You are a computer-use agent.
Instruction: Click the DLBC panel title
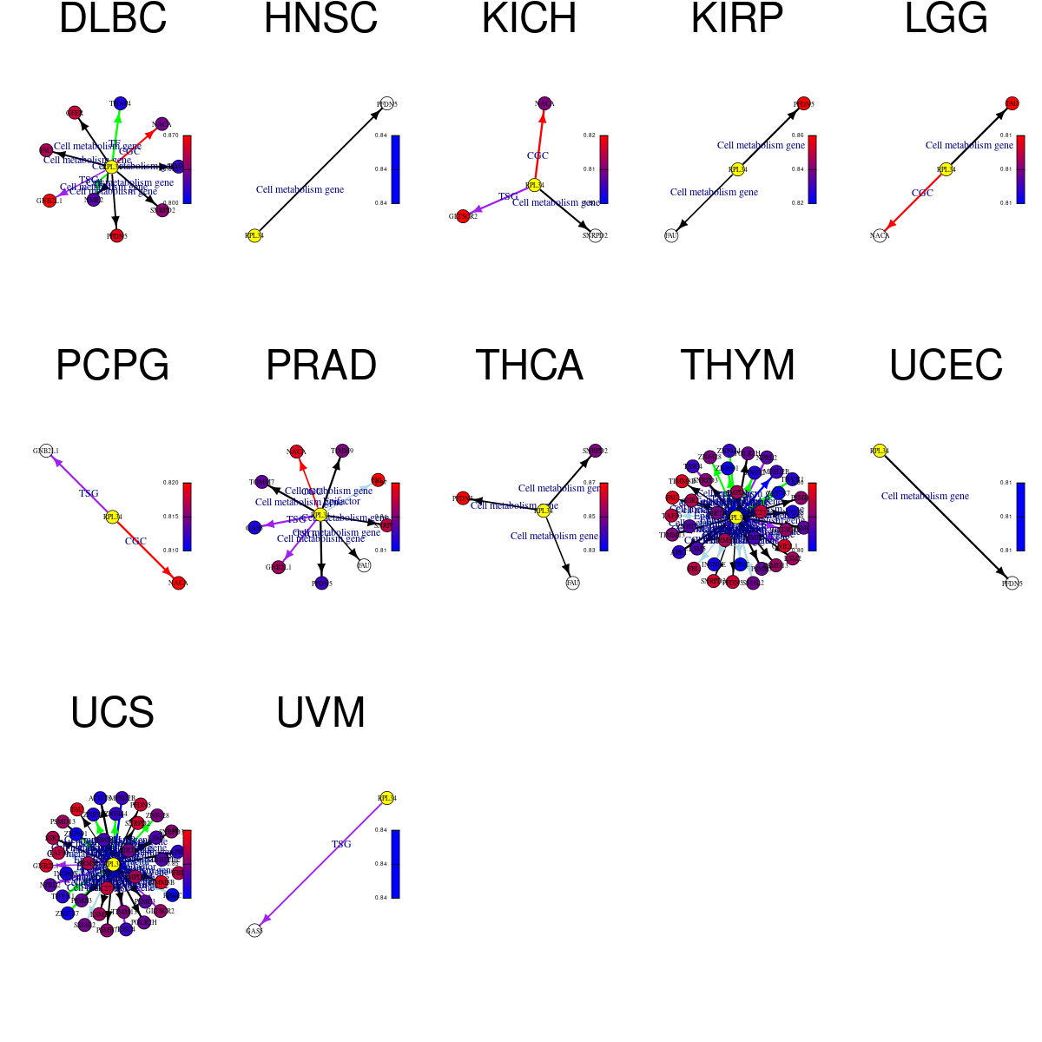click(x=113, y=19)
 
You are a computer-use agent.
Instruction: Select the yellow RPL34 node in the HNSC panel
click(x=254, y=235)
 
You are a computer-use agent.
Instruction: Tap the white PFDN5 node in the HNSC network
click(x=386, y=103)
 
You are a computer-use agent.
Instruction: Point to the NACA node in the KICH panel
click(x=544, y=103)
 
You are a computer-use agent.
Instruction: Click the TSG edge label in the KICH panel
click(x=508, y=197)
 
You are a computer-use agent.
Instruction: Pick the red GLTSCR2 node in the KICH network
click(x=463, y=216)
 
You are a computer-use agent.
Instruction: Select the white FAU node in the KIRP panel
click(x=671, y=235)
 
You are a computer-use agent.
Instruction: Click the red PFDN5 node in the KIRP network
click(x=803, y=103)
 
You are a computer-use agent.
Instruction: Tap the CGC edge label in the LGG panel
click(x=922, y=193)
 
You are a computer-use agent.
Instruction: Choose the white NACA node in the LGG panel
click(x=880, y=235)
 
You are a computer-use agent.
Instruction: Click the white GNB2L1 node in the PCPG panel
click(x=46, y=451)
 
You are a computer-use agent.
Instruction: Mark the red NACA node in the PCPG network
click(x=178, y=583)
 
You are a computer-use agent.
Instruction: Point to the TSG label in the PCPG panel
click(x=89, y=493)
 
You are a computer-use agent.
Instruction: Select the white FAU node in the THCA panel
click(x=572, y=583)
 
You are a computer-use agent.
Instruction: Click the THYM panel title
click(x=738, y=366)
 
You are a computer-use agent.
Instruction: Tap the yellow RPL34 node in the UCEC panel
click(x=880, y=451)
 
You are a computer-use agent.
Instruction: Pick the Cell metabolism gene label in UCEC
click(x=925, y=496)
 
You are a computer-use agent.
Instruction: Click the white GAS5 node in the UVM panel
click(x=254, y=930)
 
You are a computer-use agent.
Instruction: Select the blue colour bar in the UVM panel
click(x=395, y=864)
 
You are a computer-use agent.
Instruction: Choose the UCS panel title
click(x=113, y=713)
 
